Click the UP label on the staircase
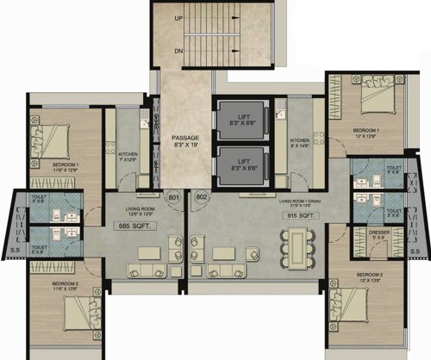tap(178, 17)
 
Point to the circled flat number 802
tap(201, 198)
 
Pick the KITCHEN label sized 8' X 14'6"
tap(301, 141)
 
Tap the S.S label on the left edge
tap(13, 251)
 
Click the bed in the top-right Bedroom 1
tap(372, 102)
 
